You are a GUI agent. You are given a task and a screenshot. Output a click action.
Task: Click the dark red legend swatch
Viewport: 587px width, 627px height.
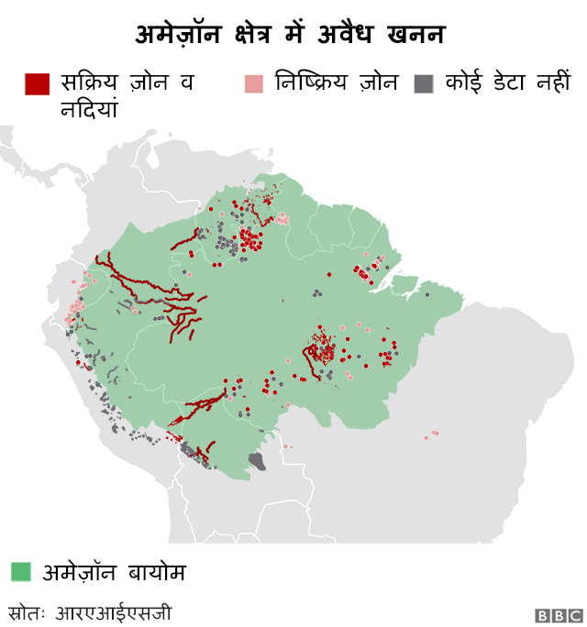[37, 83]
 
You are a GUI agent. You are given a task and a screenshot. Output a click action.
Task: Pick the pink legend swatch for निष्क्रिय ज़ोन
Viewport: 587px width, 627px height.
[254, 83]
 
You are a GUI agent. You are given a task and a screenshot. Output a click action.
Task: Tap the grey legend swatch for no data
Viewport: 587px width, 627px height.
[423, 83]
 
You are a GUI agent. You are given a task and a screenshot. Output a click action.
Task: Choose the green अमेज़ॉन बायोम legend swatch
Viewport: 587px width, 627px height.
[21, 572]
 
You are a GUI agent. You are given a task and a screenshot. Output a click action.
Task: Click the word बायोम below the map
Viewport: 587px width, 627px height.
[153, 573]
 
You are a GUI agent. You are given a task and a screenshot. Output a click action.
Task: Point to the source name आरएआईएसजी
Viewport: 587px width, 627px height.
[114, 611]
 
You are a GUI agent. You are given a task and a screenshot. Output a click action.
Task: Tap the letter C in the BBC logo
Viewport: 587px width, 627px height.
[573, 615]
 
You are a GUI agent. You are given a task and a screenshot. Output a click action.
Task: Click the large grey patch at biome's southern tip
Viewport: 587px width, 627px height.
[258, 460]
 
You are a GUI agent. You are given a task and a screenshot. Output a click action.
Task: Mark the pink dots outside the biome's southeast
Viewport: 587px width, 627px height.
[431, 434]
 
